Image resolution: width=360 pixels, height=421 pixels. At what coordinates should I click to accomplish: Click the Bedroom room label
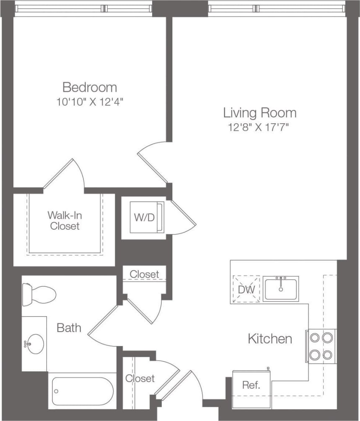(x=89, y=87)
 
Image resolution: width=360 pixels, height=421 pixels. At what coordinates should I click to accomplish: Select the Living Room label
(x=259, y=112)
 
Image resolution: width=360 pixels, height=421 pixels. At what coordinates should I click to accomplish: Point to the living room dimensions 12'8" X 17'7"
(x=259, y=127)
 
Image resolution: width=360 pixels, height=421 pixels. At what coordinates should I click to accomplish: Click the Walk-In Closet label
(x=65, y=221)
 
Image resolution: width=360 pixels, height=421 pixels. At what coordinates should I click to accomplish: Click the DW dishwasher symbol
(x=246, y=289)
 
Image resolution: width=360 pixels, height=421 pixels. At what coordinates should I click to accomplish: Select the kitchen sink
(x=281, y=289)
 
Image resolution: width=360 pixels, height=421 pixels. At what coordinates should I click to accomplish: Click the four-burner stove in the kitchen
(x=321, y=346)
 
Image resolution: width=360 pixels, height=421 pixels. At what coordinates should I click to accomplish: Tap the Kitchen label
(x=269, y=338)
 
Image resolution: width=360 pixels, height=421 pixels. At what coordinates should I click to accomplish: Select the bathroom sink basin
(x=35, y=343)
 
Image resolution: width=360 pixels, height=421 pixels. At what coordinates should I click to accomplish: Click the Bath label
(x=69, y=327)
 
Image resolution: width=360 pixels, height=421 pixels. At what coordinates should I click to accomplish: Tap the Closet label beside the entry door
(x=140, y=378)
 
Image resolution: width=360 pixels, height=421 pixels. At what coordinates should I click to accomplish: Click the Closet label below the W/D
(x=144, y=274)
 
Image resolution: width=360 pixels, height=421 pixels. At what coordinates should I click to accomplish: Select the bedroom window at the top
(x=83, y=8)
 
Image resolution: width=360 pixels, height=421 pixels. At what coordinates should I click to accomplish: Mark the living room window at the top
(x=277, y=8)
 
